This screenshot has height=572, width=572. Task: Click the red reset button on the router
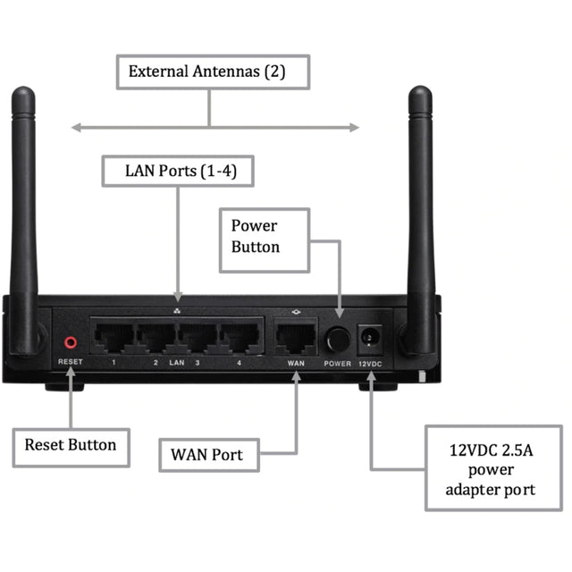(x=70, y=341)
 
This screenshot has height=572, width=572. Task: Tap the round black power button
(x=337, y=339)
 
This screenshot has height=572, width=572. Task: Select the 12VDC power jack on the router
(x=368, y=339)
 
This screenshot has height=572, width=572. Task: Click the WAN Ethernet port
(x=296, y=337)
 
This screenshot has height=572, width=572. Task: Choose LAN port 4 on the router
(x=239, y=337)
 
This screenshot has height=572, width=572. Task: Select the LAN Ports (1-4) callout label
(x=176, y=169)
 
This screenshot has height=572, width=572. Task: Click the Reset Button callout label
(x=70, y=445)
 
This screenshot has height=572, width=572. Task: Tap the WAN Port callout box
(x=206, y=455)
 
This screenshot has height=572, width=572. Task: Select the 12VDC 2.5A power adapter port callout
(x=492, y=469)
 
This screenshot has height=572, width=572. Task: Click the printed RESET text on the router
(x=70, y=362)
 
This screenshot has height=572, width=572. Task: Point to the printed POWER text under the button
(x=338, y=364)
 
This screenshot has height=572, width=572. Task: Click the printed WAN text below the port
(x=296, y=364)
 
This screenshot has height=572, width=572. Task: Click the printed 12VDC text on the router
(x=369, y=364)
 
